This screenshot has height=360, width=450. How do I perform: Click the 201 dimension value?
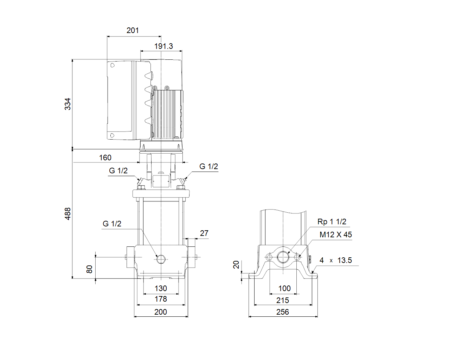(133, 31)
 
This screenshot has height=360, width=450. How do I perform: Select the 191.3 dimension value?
(163, 46)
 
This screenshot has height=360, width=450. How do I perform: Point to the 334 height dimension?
(67, 104)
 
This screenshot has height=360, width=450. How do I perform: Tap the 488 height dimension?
(67, 213)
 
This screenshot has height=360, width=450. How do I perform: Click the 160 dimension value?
(105, 158)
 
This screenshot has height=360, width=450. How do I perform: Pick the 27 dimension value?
(204, 233)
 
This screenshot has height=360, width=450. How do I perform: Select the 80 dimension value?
(89, 269)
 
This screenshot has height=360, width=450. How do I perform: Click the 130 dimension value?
(161, 289)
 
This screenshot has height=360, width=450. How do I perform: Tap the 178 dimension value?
(161, 299)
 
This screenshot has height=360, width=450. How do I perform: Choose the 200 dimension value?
(161, 312)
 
